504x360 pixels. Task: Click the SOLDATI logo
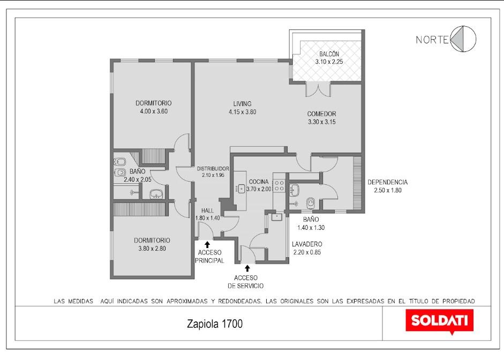(439, 321)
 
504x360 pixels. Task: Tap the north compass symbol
(463, 39)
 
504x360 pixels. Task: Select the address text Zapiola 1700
(215, 324)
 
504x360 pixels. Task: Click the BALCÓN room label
(329, 54)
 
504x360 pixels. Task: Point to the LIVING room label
(242, 103)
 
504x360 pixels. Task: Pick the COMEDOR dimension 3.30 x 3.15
(322, 122)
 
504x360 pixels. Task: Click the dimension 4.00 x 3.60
(154, 111)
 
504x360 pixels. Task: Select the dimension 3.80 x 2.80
(152, 249)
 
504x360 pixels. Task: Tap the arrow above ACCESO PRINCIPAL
(207, 244)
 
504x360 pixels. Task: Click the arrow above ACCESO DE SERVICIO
(247, 268)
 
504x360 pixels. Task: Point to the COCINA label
(259, 182)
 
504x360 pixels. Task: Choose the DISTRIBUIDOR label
(213, 168)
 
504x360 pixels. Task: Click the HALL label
(208, 211)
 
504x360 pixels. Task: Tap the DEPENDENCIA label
(388, 182)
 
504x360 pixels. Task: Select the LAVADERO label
(307, 244)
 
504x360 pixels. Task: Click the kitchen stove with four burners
(279, 186)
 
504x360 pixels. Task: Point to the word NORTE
(432, 40)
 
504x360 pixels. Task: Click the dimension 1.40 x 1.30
(311, 228)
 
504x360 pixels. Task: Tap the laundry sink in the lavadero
(276, 217)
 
